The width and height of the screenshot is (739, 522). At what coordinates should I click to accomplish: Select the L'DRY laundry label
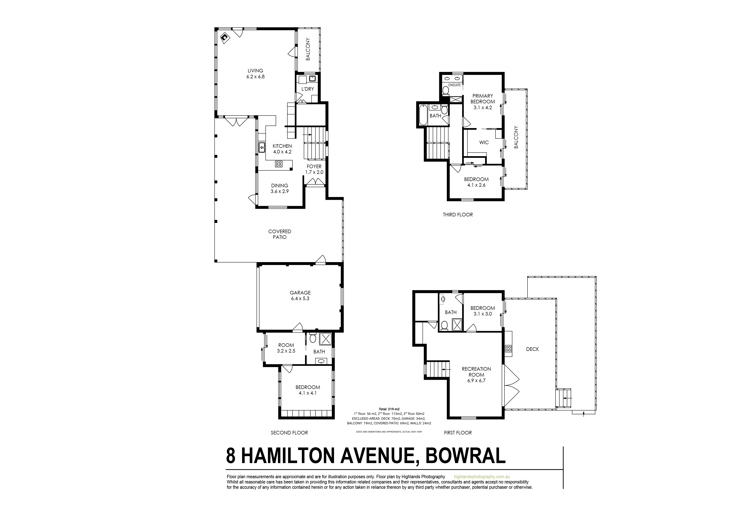tap(307, 89)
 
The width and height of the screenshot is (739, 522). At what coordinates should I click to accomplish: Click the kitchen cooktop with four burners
tap(279, 164)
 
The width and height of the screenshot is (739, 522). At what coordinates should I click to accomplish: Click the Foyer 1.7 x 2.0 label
tap(314, 169)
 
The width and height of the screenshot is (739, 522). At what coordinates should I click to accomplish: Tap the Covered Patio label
tap(280, 234)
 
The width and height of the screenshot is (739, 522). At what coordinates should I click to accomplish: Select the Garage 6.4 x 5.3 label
tap(300, 296)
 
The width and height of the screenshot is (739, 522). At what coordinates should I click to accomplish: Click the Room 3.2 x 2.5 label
tap(286, 348)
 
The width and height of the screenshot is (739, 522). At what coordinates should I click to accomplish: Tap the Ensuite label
tap(454, 85)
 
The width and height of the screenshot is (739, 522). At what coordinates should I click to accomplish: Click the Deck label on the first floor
tap(532, 349)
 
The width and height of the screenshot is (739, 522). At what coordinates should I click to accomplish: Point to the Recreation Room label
tap(476, 375)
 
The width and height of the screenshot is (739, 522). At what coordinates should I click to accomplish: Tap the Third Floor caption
tap(458, 214)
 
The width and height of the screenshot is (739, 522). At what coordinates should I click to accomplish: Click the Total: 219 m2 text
tap(389, 409)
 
